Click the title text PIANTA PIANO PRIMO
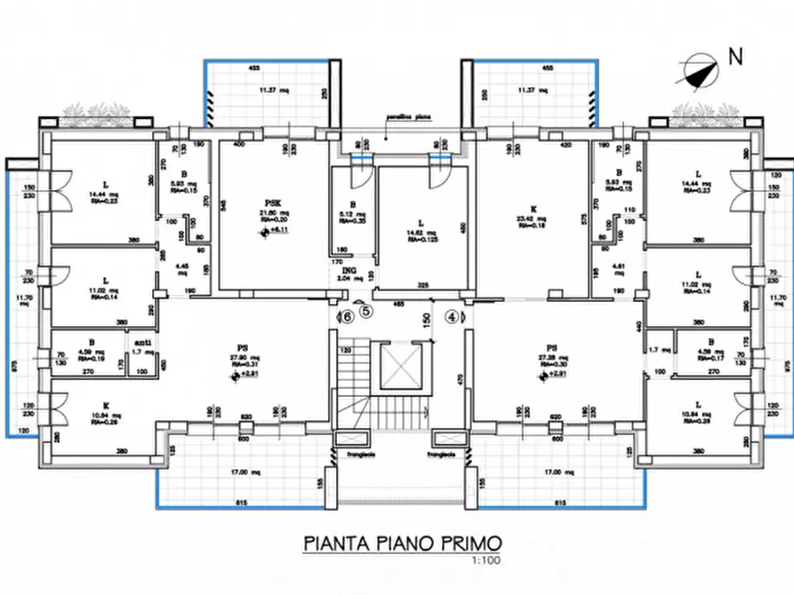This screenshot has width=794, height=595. pos(403,542)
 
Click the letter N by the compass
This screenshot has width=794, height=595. pos(734,58)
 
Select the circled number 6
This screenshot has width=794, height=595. pos(348,314)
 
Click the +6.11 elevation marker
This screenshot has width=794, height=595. pos(269,231)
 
